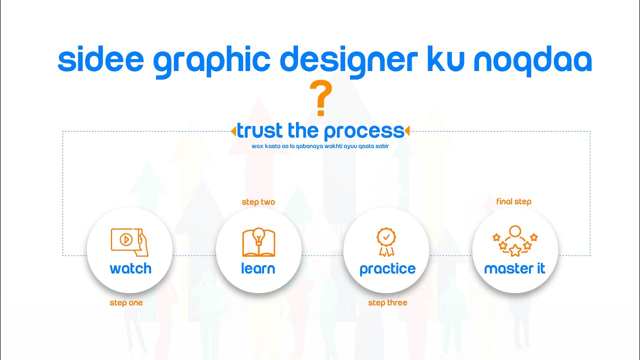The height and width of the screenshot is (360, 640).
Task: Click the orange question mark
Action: point(320,99)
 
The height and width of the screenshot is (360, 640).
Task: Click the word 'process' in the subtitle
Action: point(363,131)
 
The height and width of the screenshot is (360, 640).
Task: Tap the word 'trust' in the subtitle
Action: point(260,130)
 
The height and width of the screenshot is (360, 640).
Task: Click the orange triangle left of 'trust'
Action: point(233,131)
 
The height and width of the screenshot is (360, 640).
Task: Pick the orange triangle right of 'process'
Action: point(407,131)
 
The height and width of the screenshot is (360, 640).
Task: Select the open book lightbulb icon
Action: point(258,242)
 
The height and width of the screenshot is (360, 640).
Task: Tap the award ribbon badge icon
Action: point(386,242)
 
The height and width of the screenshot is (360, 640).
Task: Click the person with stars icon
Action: point(515,241)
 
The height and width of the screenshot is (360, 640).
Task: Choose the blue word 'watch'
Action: point(130,268)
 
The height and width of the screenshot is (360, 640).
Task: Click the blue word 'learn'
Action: point(258,268)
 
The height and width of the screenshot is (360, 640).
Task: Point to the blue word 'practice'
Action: point(387,269)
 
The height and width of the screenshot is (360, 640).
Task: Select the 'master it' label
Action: point(514,268)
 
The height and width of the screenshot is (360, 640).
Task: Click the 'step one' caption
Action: point(126,302)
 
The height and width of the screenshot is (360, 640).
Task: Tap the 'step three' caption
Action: point(387,302)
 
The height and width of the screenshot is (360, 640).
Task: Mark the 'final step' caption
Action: point(513,201)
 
